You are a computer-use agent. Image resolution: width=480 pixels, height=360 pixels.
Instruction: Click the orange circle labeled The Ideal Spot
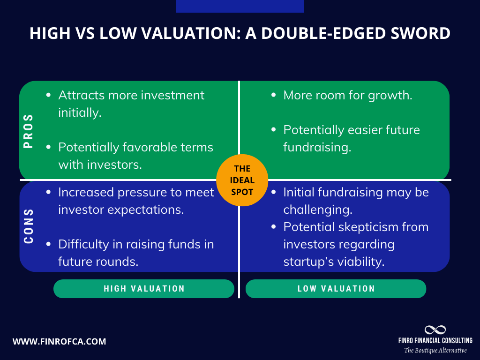[x=242, y=180]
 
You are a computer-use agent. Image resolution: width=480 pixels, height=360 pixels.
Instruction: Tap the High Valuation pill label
[x=144, y=289]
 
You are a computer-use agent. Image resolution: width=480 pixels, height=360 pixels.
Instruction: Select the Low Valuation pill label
[x=336, y=289]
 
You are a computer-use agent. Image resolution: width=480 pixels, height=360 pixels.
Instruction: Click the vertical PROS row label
[x=29, y=131]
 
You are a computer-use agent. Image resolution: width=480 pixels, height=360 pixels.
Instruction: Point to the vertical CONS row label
[x=29, y=226]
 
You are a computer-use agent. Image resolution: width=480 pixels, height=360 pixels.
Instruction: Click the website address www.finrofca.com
[x=59, y=341]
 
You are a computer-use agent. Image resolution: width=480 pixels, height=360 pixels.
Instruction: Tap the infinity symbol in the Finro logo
[x=435, y=330]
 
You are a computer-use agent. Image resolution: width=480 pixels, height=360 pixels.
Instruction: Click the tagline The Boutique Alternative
[x=435, y=351]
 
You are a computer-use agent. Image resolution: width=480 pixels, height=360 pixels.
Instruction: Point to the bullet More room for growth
[x=347, y=95]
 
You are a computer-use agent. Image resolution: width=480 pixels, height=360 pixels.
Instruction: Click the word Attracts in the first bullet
[x=81, y=95]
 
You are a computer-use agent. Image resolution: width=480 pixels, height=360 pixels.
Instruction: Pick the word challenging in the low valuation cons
[x=318, y=210]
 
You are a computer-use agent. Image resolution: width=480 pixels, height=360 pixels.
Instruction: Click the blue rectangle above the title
[x=240, y=6]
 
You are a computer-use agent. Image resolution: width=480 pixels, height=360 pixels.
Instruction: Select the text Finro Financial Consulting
[x=435, y=340]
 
